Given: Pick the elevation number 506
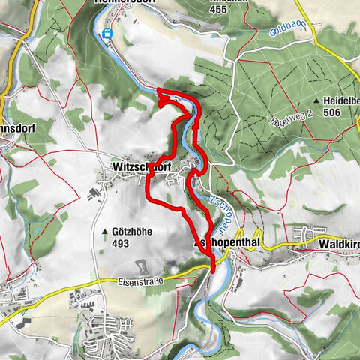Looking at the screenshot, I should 343,112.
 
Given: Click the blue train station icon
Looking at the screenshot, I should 106,34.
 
